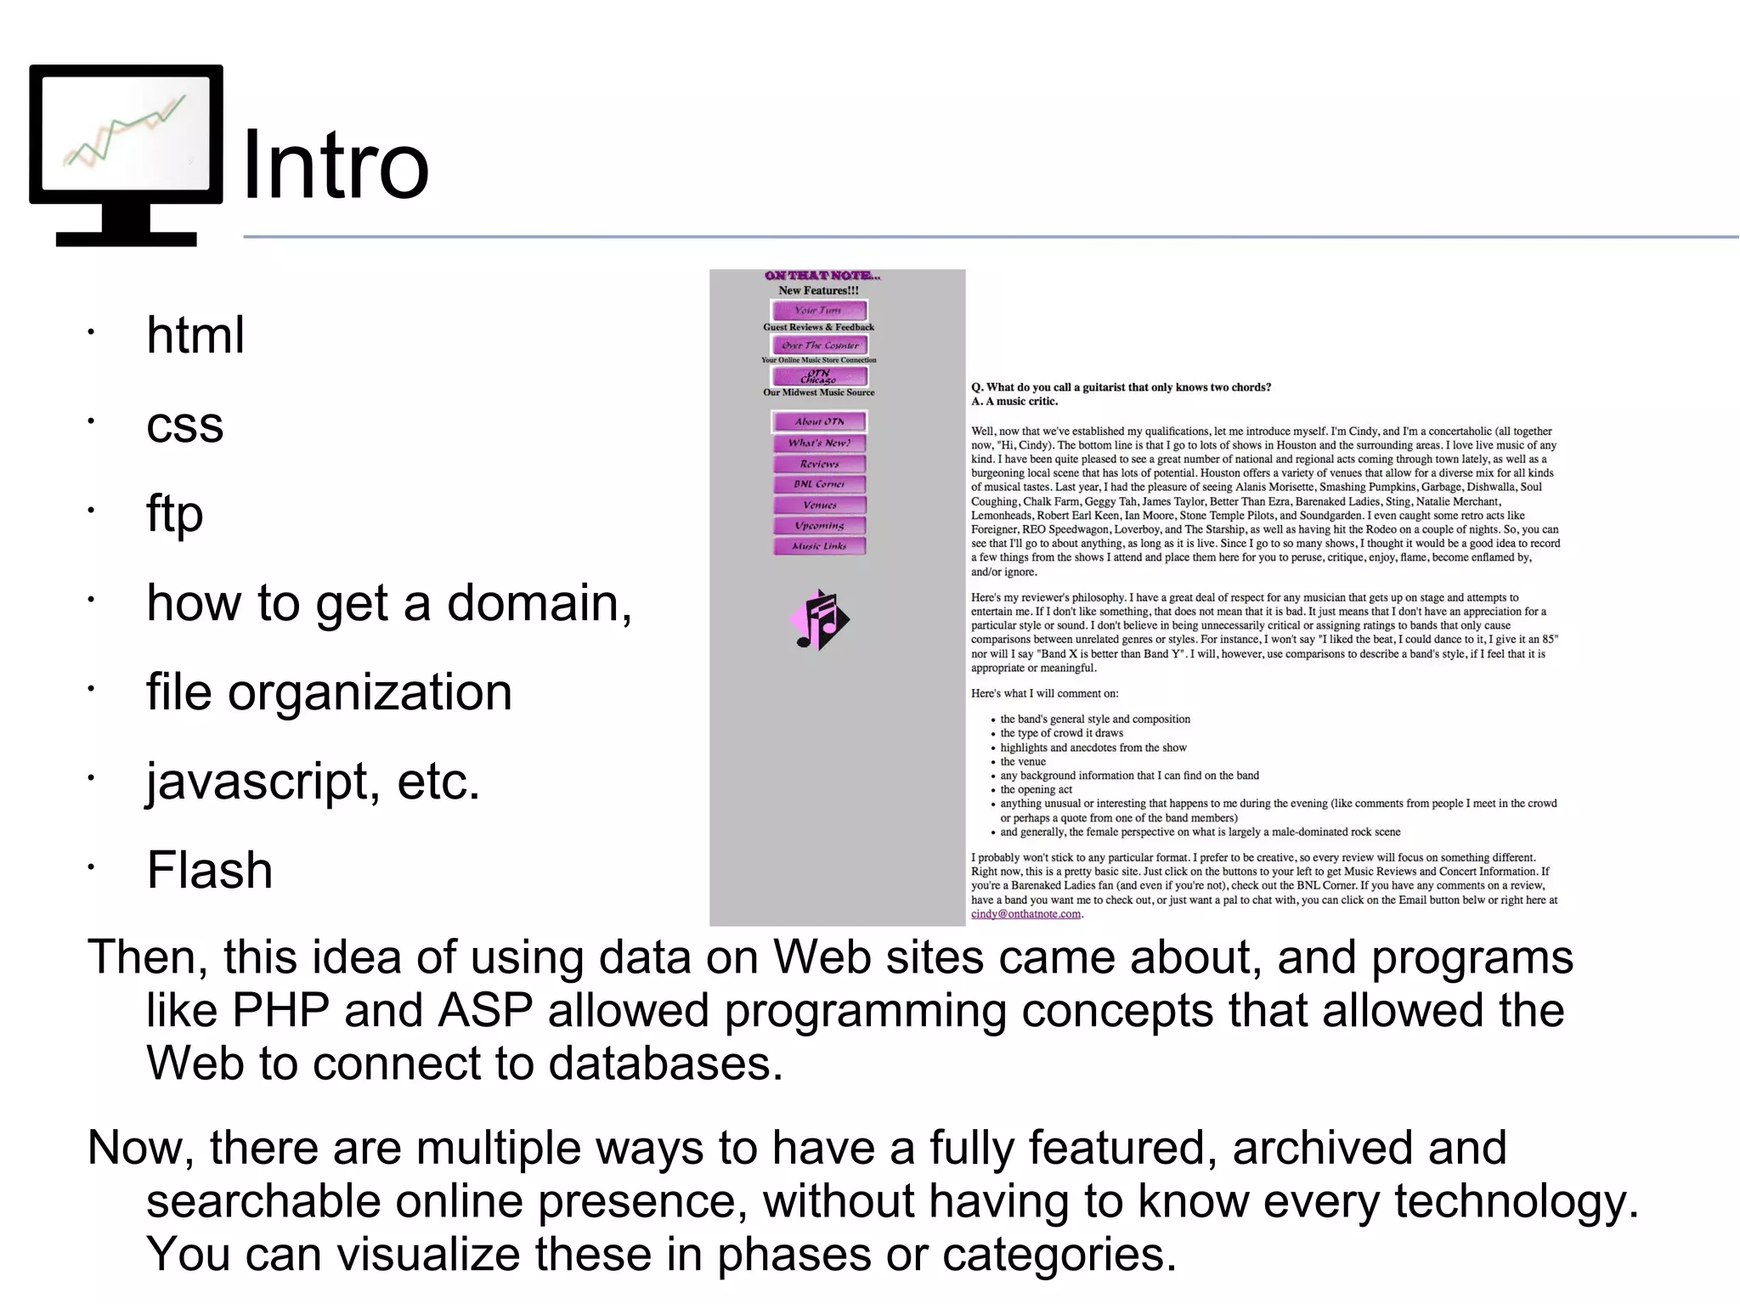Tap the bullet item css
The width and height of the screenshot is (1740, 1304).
tap(184, 424)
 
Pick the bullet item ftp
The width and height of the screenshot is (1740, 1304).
tap(174, 513)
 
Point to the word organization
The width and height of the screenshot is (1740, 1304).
tap(370, 692)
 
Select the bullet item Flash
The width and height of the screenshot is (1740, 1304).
tap(209, 870)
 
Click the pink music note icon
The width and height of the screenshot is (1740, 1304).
tap(818, 620)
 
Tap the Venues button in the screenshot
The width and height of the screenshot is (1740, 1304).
tap(819, 505)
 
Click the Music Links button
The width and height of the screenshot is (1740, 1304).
tap(819, 546)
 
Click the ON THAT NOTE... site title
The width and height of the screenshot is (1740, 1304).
tap(822, 275)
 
